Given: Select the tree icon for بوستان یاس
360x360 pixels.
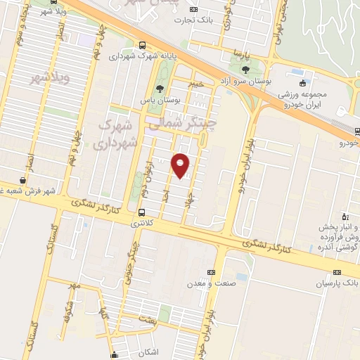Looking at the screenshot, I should tap(159, 89).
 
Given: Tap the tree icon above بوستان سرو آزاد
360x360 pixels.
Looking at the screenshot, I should tap(245, 70).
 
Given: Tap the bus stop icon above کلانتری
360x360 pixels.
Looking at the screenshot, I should tap(143, 212).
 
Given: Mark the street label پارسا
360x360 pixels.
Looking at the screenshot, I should tap(242, 53).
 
